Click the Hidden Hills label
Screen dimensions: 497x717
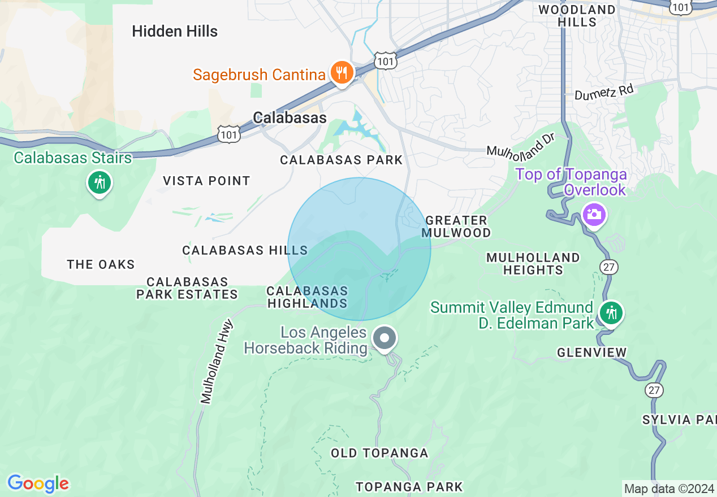[x=175, y=31]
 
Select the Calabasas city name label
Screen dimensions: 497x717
[x=290, y=117]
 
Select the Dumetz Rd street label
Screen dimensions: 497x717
[x=604, y=92]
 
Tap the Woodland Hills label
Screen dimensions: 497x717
[x=577, y=16]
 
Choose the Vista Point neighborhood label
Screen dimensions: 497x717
[x=206, y=181]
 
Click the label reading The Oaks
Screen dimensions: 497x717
[x=101, y=264]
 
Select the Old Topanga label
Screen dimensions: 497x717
[x=379, y=453]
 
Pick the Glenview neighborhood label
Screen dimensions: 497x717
[x=591, y=352]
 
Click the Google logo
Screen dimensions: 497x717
[x=38, y=483]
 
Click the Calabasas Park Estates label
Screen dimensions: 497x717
[x=187, y=288]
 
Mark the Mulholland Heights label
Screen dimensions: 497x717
[x=533, y=264]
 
